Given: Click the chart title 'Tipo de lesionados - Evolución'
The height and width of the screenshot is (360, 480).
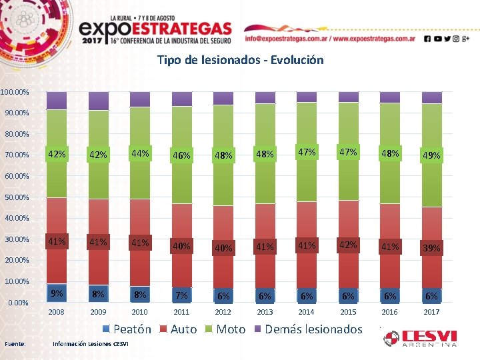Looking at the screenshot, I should (240, 60).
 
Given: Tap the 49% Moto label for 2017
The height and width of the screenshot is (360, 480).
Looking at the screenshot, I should (431, 156).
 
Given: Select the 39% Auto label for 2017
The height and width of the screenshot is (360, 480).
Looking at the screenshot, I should (431, 248).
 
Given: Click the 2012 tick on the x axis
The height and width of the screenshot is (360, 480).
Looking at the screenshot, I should (223, 312).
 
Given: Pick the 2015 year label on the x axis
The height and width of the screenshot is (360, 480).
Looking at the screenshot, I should (348, 312).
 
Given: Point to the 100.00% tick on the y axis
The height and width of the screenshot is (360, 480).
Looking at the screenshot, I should (15, 91).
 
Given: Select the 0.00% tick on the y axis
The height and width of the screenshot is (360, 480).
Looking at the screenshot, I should (18, 303).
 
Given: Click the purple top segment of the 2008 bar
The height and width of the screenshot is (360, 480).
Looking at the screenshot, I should (57, 101).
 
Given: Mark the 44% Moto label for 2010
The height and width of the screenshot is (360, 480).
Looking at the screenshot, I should (140, 153).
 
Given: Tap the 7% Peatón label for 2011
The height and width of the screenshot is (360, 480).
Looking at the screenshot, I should (181, 295).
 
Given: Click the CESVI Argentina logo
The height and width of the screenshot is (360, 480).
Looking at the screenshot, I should (420, 337).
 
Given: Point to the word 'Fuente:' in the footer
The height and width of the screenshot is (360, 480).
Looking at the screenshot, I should (15, 344).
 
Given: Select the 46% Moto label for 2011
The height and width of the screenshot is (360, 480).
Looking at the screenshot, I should (181, 156).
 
